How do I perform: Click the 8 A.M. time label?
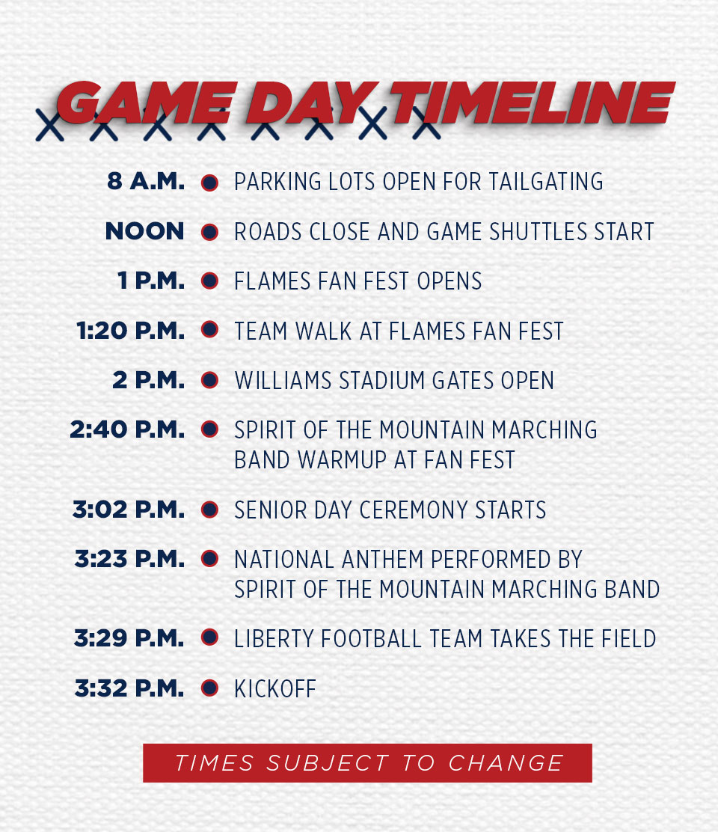pyautogui.click(x=146, y=182)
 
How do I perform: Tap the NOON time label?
pyautogui.click(x=145, y=231)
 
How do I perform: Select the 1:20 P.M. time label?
pyautogui.click(x=130, y=331)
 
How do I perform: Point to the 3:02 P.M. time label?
pyautogui.click(x=129, y=510)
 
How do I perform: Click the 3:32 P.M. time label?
pyautogui.click(x=129, y=688)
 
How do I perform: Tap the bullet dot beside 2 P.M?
pyautogui.click(x=210, y=380)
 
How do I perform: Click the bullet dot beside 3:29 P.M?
pyautogui.click(x=210, y=637)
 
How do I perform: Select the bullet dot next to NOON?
pyautogui.click(x=210, y=232)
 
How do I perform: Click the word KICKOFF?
pyautogui.click(x=275, y=689)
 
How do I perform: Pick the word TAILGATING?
pyautogui.click(x=546, y=182)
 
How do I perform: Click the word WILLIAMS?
pyautogui.click(x=283, y=380)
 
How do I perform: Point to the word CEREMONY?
pyautogui.click(x=414, y=510)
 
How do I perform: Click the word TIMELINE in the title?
pyautogui.click(x=533, y=103)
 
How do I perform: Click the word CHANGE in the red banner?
pyautogui.click(x=506, y=763)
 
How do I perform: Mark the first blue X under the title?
pyautogui.click(x=50, y=125)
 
